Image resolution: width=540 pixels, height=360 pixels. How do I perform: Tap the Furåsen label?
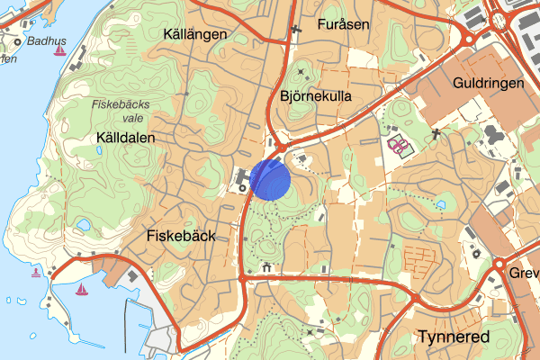tap(344, 25)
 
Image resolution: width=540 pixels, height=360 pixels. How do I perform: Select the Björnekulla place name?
tap(316, 95)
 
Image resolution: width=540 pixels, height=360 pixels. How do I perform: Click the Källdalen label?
tap(126, 138)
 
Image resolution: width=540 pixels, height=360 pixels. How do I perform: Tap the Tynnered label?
tap(454, 337)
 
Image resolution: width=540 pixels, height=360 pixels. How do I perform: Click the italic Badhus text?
tap(47, 40)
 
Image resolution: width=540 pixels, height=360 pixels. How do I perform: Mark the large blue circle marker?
tap(271, 178)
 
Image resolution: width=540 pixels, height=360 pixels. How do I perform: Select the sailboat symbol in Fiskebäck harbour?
tap(81, 290)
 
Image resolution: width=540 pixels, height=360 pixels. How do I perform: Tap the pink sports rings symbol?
tap(397, 144)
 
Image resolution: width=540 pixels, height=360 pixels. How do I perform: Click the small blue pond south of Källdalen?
tap(83, 224)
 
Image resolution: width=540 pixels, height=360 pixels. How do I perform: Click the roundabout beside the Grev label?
tap(499, 264)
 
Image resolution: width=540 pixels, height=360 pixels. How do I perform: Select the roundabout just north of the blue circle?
tap(281, 148)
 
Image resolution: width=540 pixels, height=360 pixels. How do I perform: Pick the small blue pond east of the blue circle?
tap(441, 204)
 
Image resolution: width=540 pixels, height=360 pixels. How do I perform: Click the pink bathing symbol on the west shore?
tap(36, 272)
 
